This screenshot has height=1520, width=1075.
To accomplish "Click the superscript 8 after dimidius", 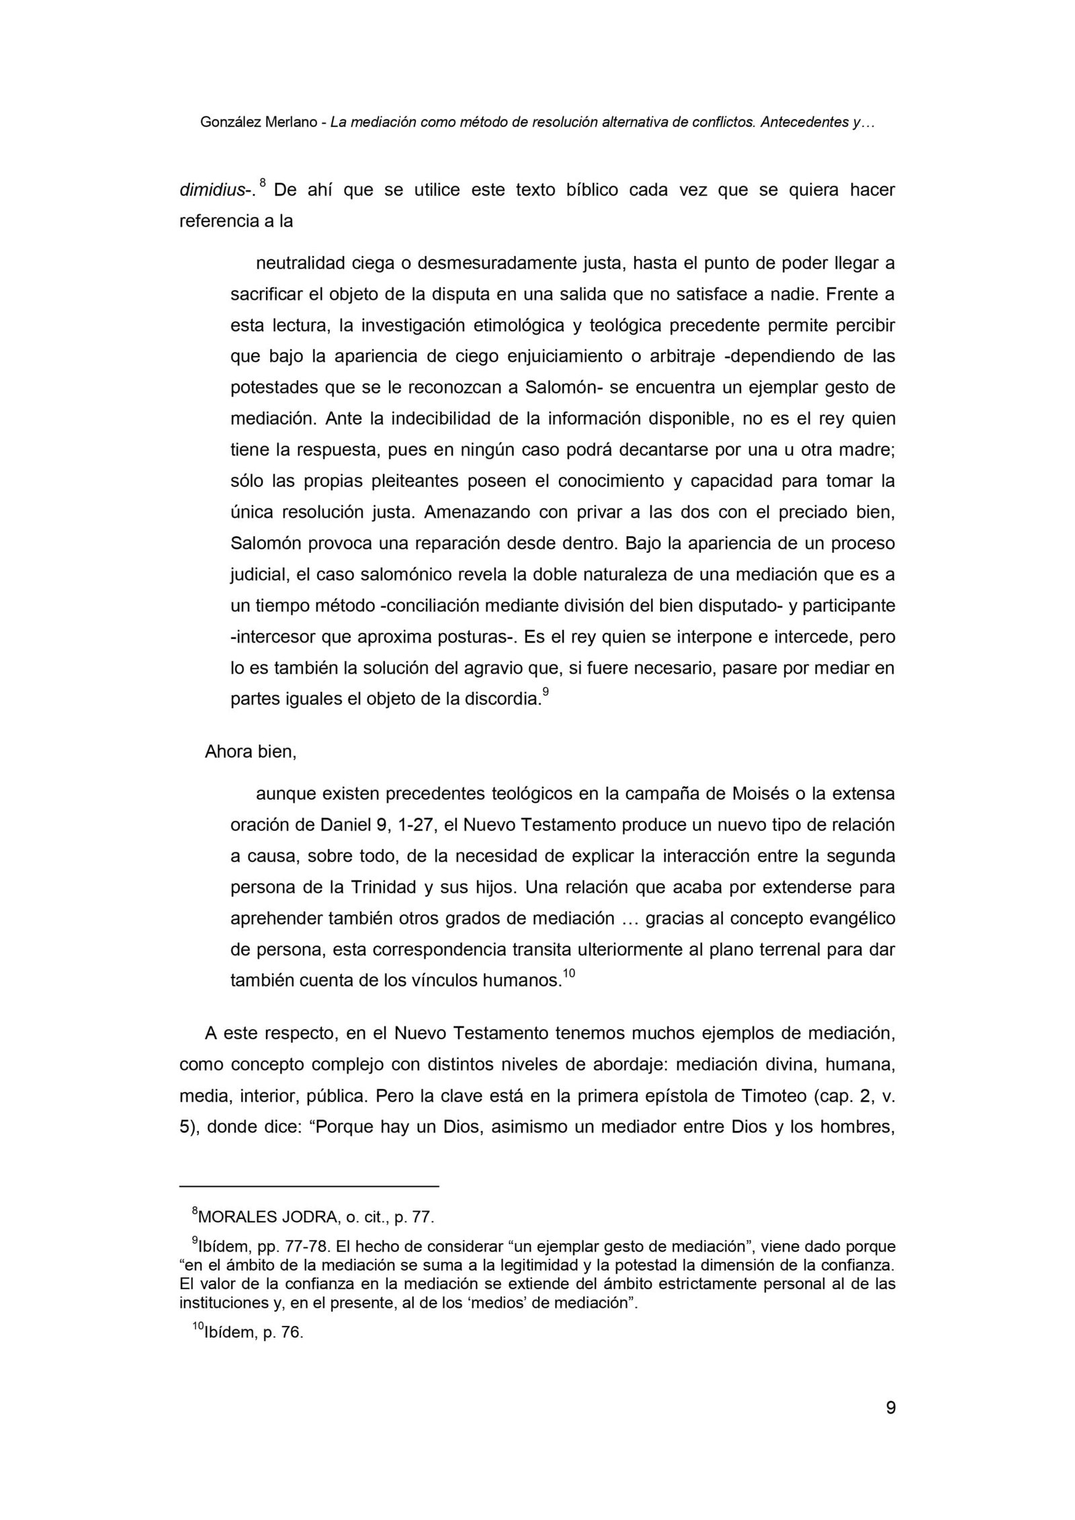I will (263, 183).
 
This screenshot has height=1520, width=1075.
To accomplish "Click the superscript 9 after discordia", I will (546, 690).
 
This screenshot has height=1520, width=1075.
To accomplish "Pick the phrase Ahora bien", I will (250, 752).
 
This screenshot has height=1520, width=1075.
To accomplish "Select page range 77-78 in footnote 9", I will (299, 1247).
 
